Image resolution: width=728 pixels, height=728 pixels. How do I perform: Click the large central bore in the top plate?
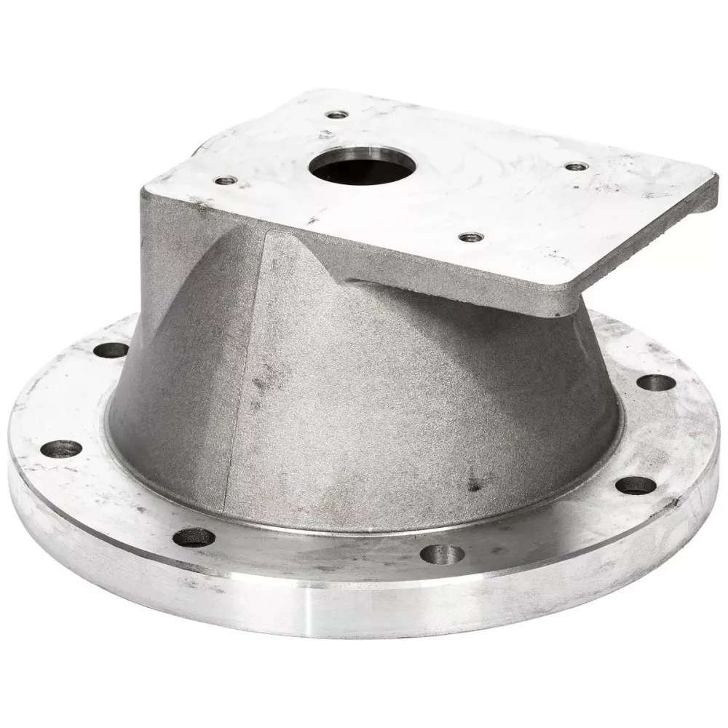[x=349, y=167]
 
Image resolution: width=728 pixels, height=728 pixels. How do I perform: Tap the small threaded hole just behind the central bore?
[x=336, y=114]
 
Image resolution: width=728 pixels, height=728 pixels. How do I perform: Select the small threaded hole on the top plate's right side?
[x=577, y=166]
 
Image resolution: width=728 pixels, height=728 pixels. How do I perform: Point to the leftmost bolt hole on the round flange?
[x=61, y=448]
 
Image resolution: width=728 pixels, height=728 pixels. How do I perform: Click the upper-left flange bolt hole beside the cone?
[x=111, y=349]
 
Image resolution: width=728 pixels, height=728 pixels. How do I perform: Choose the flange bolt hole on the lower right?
[x=636, y=486]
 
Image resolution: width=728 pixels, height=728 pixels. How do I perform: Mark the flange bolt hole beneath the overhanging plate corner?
[x=653, y=382]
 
